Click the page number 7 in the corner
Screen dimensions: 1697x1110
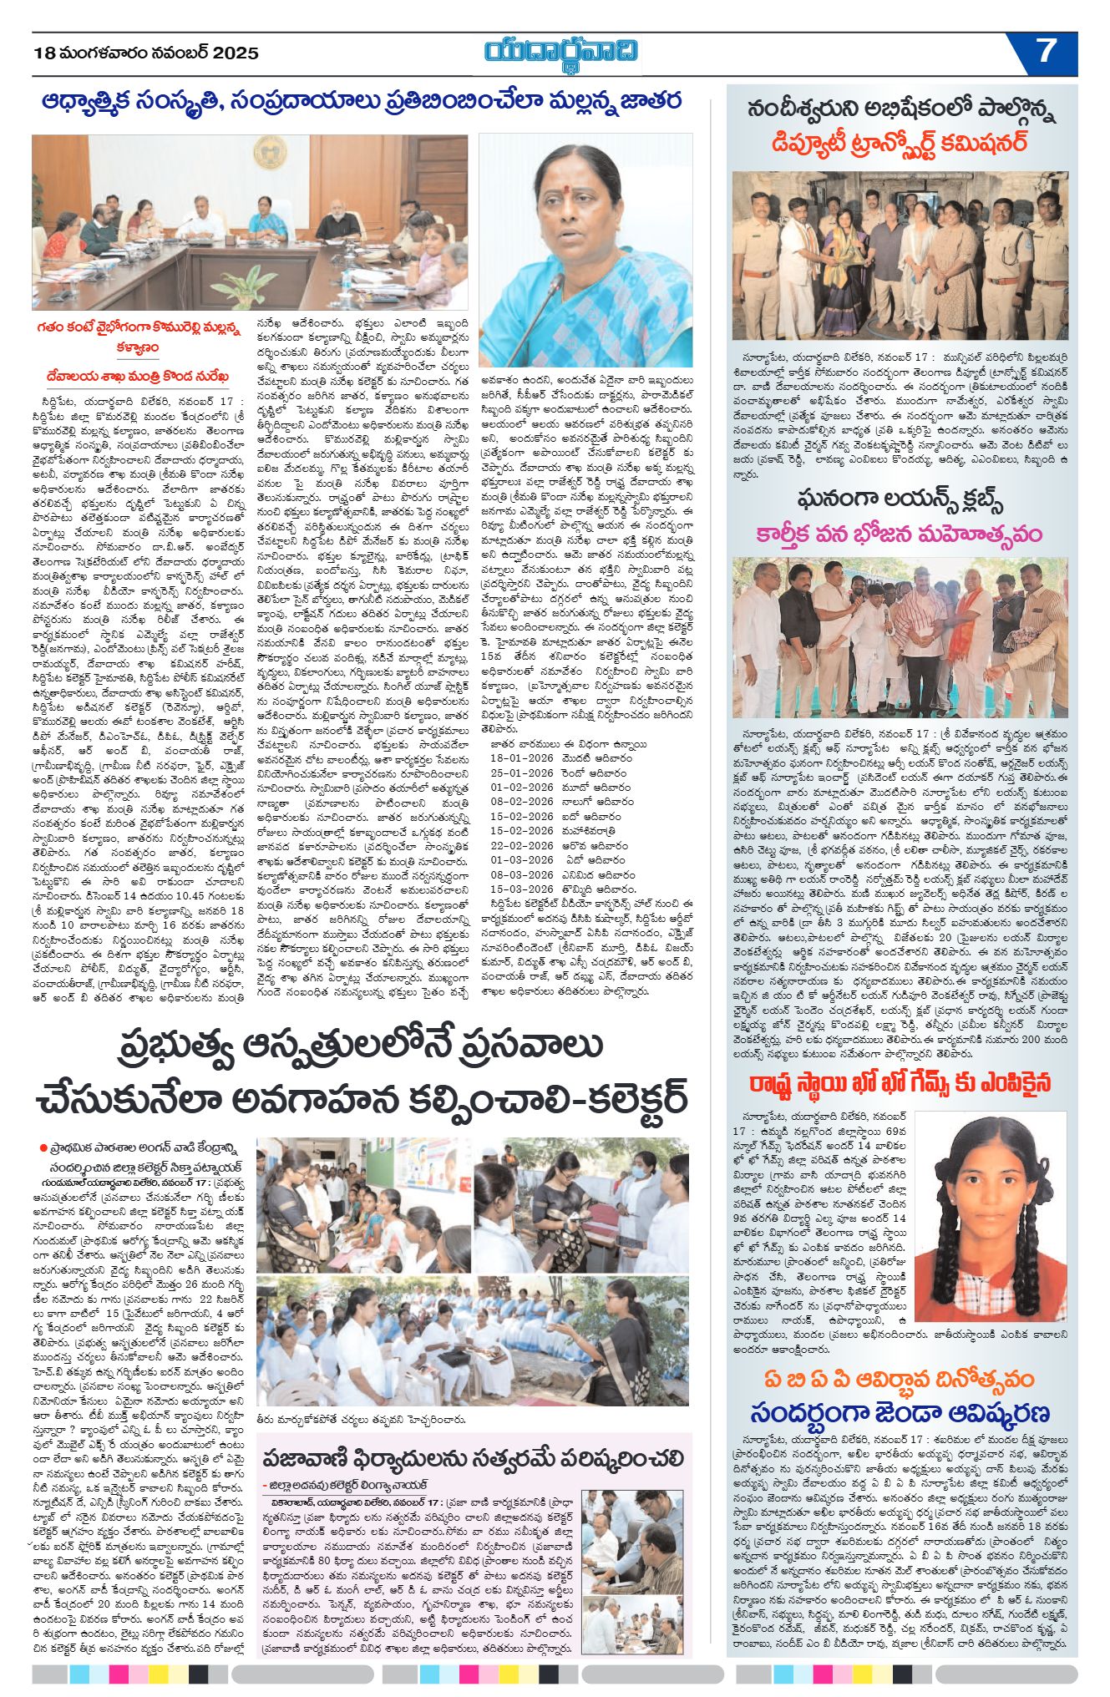1046,52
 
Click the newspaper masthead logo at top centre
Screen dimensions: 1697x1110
561,52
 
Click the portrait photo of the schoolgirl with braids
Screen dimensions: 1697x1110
991,1215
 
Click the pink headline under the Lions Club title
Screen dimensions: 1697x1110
900,533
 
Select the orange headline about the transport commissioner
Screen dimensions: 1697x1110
900,143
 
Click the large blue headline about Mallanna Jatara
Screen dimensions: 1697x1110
361,102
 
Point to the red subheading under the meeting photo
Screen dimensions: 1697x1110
138,337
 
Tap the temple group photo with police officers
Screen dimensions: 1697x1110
900,255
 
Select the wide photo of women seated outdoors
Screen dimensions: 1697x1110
472,1341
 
